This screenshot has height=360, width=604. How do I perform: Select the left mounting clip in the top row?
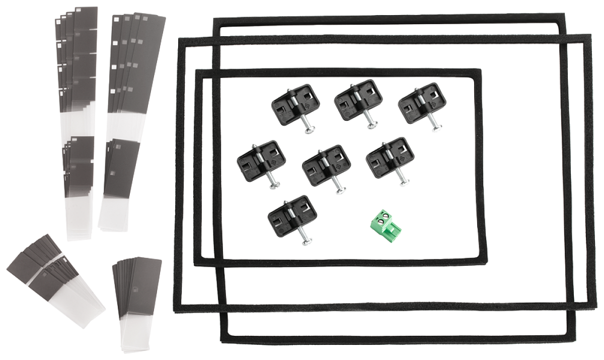coord(295,104)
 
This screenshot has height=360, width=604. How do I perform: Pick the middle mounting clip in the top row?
coord(358,101)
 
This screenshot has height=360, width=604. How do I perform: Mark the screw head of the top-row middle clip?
coord(372,126)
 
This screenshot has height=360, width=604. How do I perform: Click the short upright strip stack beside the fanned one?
coord(137,302)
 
